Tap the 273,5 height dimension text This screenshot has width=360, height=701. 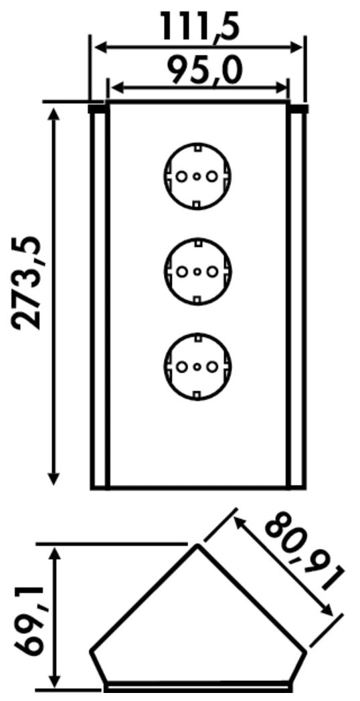pos(27,284)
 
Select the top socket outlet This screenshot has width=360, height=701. pos(197,176)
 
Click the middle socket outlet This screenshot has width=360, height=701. pos(197,272)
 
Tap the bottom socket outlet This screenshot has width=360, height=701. pos(197,367)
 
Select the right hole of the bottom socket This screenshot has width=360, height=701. pos(212,367)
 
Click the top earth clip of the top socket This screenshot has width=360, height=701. pos(197,146)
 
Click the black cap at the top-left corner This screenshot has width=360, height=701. pos(97,108)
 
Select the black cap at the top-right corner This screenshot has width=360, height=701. pos(298,108)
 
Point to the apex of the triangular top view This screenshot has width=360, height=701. pos(197,546)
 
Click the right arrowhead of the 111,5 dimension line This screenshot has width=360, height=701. pos(296,47)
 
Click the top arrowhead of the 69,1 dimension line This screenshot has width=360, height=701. pos(54,553)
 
